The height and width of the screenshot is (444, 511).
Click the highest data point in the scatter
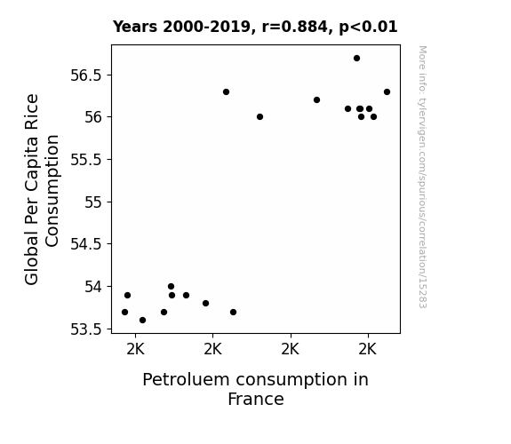[357, 59]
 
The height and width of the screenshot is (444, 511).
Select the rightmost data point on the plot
[387, 91]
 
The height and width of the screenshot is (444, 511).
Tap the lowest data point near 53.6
[142, 321]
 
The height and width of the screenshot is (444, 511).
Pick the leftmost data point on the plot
[124, 312]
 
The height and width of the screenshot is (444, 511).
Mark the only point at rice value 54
[172, 287]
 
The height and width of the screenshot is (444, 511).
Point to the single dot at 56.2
[316, 99]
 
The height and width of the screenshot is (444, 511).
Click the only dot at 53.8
[205, 304]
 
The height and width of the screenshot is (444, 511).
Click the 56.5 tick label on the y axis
[86, 75]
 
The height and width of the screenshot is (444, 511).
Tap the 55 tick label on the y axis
[93, 202]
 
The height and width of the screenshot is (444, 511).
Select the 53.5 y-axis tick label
[86, 329]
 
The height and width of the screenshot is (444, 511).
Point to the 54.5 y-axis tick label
[86, 244]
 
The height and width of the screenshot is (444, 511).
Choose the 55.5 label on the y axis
[86, 160]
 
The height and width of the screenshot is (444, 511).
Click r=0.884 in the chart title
[294, 27]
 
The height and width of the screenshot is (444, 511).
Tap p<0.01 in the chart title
[368, 28]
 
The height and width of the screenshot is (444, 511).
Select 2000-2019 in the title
[206, 27]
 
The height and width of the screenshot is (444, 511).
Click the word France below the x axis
[256, 399]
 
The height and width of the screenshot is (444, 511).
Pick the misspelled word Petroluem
[187, 380]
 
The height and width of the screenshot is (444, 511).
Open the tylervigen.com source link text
[422, 177]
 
